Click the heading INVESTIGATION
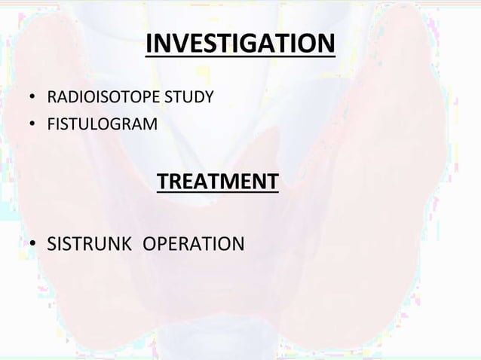239,44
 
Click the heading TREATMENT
217,182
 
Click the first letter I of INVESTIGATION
149,44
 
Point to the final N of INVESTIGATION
325,44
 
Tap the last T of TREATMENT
272,182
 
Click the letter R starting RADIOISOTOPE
52,98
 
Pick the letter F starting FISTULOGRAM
51,123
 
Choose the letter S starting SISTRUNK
53,245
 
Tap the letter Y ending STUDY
209,98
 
